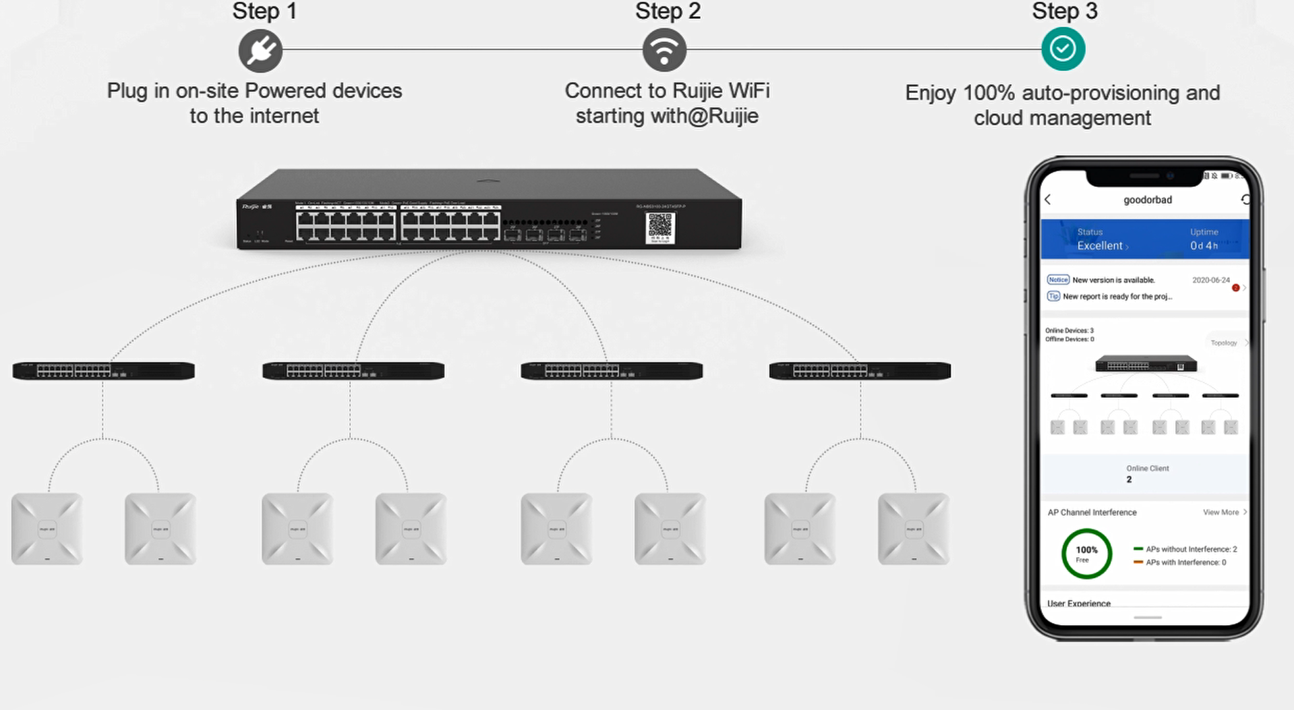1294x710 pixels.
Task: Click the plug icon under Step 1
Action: pyautogui.click(x=260, y=51)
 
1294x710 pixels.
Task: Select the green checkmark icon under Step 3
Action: pyautogui.click(x=1063, y=49)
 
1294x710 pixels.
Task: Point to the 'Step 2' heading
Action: pyautogui.click(x=668, y=11)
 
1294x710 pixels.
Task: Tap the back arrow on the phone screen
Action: pyautogui.click(x=1048, y=200)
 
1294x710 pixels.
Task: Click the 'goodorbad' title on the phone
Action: pyautogui.click(x=1147, y=200)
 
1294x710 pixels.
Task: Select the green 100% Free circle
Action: pyautogui.click(x=1086, y=554)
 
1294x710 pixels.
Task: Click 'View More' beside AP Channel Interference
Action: pyautogui.click(x=1221, y=512)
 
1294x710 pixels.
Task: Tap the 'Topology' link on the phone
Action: pyautogui.click(x=1224, y=343)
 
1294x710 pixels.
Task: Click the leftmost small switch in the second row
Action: pyautogui.click(x=103, y=371)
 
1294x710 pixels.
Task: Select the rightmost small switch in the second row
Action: pyautogui.click(x=860, y=371)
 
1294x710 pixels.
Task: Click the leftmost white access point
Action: pyautogui.click(x=47, y=529)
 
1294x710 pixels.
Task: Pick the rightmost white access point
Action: pyautogui.click(x=913, y=529)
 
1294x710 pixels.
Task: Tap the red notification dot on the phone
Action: pyautogui.click(x=1235, y=288)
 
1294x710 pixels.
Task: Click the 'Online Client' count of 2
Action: pyautogui.click(x=1129, y=479)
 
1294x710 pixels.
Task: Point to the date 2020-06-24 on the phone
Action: pyautogui.click(x=1210, y=280)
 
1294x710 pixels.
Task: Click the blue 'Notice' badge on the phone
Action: pyautogui.click(x=1058, y=280)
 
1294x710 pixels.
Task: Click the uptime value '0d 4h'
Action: pyautogui.click(x=1204, y=246)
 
